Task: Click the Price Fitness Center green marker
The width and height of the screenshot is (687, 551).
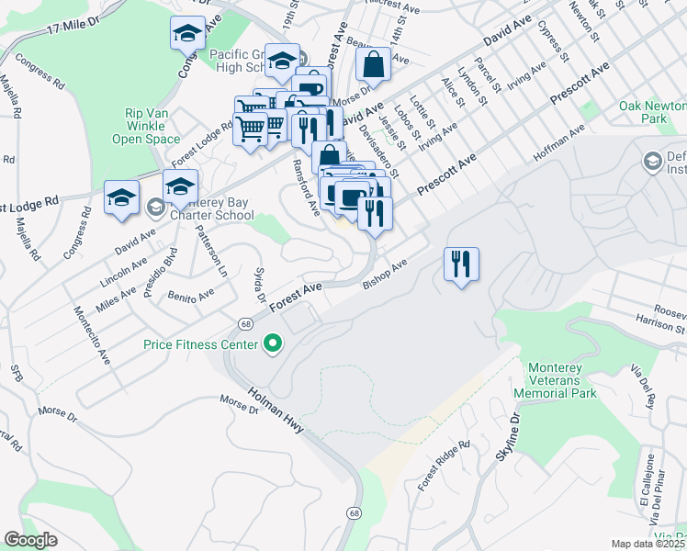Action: click(x=272, y=345)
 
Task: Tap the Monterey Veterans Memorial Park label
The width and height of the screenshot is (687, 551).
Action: click(x=562, y=380)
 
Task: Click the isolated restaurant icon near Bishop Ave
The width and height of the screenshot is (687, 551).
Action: click(x=461, y=264)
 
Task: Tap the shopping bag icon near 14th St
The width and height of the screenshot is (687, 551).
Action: click(x=374, y=65)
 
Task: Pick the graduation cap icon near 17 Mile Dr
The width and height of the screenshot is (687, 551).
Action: click(x=187, y=34)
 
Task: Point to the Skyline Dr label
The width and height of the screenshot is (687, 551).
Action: click(x=508, y=436)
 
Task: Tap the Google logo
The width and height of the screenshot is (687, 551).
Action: click(x=29, y=540)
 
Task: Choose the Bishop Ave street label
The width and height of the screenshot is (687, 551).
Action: click(x=384, y=274)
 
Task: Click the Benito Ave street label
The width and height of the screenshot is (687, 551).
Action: click(x=190, y=295)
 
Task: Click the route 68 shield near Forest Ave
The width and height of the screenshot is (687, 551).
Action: click(x=245, y=323)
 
